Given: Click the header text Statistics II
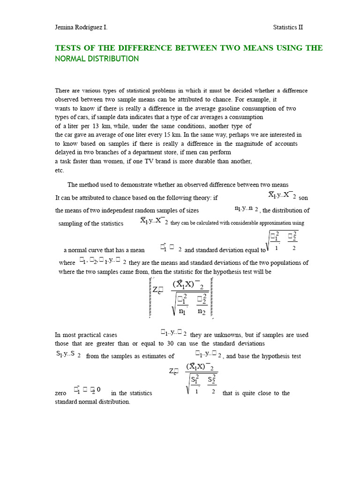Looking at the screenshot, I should pyautogui.click(x=288, y=27).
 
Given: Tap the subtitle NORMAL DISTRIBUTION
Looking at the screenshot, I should pyautogui.click(x=97, y=59).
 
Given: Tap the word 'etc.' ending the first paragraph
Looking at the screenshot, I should pyautogui.click(x=60, y=170).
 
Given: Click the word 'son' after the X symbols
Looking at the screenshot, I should pyautogui.click(x=303, y=198).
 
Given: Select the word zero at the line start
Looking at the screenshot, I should pyautogui.click(x=61, y=393).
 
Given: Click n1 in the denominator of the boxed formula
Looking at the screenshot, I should pyautogui.click(x=182, y=311).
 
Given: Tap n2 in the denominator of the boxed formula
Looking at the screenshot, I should pyautogui.click(x=202, y=311).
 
